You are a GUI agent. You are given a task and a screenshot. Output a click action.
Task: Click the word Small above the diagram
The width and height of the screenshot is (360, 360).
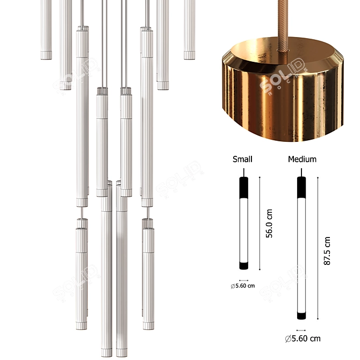(242, 159)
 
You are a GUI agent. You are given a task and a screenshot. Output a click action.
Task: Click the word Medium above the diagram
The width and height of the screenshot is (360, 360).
(302, 159)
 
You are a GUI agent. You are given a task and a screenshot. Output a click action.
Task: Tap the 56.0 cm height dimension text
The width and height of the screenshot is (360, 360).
(269, 224)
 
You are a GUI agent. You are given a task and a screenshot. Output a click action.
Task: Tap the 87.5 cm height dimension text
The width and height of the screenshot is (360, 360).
(327, 251)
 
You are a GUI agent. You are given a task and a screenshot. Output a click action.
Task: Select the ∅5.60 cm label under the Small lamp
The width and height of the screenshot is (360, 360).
(243, 286)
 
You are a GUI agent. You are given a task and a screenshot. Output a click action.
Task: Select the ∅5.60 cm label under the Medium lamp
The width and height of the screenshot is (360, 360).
(303, 339)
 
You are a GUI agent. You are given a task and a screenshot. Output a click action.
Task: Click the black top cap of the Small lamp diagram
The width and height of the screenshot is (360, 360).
(243, 188)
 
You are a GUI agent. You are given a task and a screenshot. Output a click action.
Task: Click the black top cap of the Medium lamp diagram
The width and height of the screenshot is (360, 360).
(301, 188)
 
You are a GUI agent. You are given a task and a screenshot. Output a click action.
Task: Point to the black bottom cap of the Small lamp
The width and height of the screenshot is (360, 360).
(243, 265)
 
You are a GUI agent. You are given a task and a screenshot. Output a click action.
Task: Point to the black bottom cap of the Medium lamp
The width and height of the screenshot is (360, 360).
(301, 315)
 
